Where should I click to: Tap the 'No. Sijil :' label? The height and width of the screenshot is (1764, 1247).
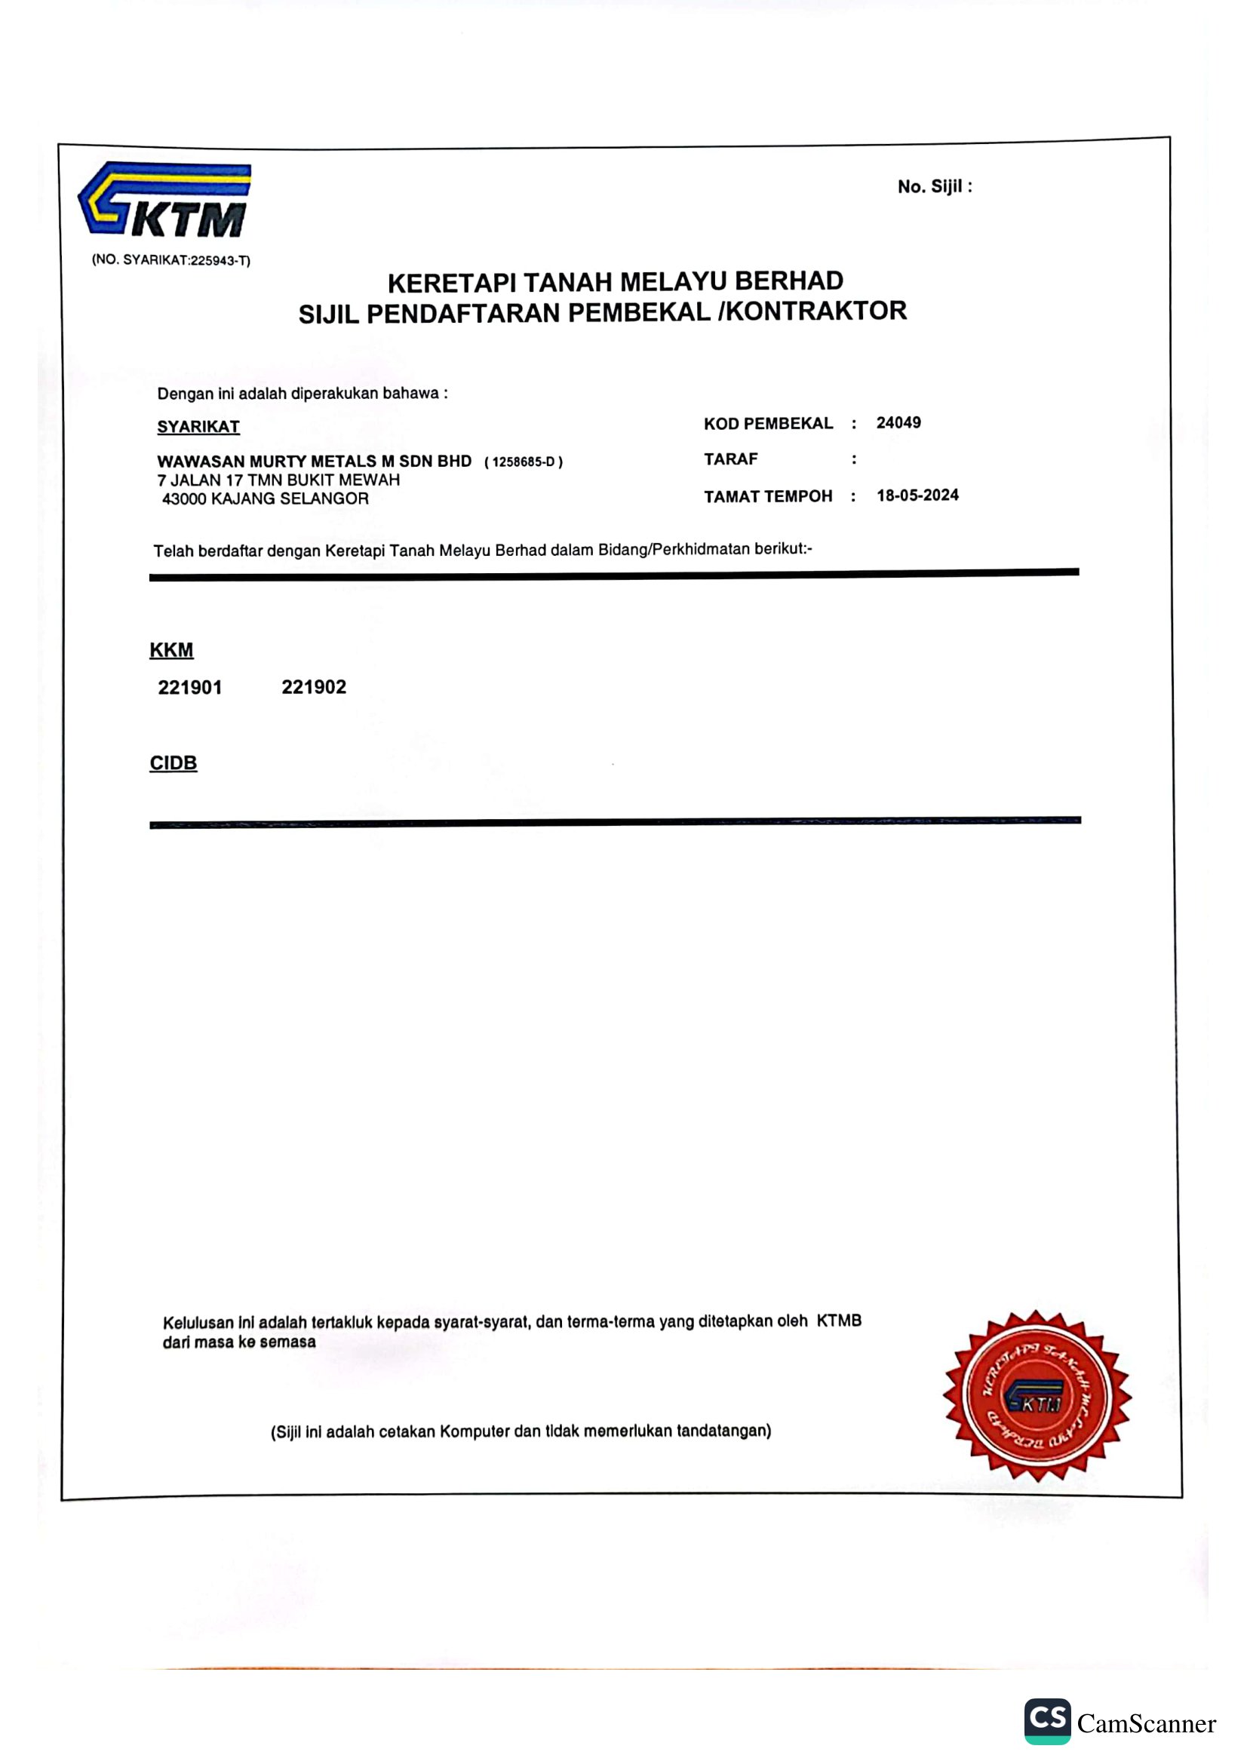[x=934, y=187]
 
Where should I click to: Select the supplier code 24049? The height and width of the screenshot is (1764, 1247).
[x=898, y=422]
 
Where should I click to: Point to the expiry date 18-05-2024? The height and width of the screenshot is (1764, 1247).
[x=917, y=495]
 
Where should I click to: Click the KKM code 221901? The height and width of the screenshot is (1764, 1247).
[x=190, y=687]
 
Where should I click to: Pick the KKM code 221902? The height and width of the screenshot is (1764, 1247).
[x=314, y=687]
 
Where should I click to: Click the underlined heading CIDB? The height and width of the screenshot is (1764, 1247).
[x=174, y=763]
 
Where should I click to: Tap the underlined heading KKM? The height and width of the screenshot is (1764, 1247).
[x=171, y=650]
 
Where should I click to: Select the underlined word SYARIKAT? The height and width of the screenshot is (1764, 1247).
[x=198, y=426]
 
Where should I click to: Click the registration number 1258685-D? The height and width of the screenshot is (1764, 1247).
[x=524, y=462]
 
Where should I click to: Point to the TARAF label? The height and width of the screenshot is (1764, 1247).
[x=731, y=459]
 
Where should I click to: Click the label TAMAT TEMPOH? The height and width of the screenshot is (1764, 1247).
[x=767, y=496]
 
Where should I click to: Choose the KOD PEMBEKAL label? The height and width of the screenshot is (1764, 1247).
[x=767, y=423]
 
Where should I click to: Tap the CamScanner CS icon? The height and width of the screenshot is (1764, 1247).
[x=1046, y=1721]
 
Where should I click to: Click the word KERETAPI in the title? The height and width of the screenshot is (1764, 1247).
[x=451, y=283]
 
